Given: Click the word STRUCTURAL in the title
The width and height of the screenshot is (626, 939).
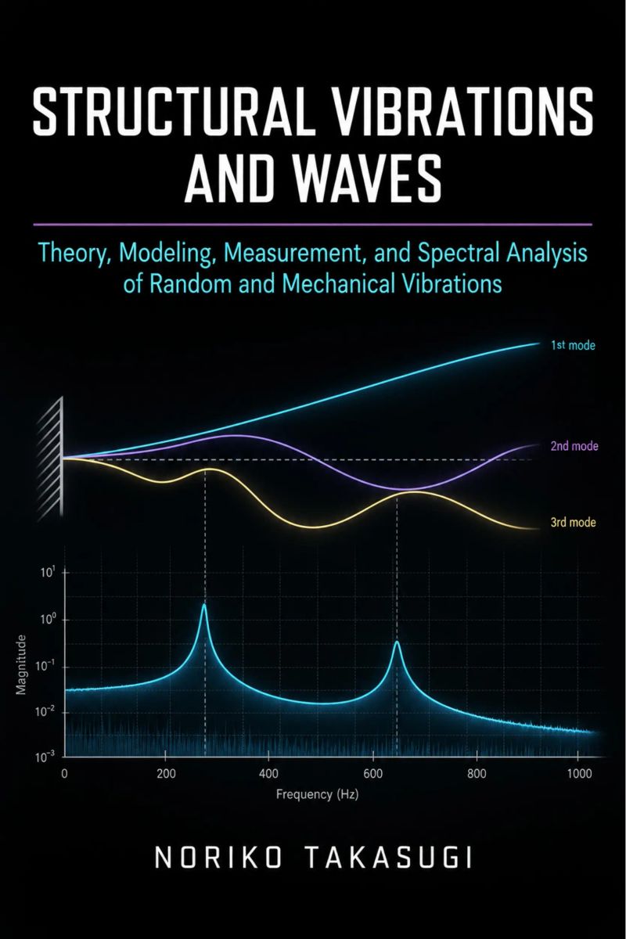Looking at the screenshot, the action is coord(174,113).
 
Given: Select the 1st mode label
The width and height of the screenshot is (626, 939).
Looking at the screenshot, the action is coord(573,345).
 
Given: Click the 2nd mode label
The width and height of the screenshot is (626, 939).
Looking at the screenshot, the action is coord(574,446).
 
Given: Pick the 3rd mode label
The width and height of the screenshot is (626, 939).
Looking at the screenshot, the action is coord(573,523).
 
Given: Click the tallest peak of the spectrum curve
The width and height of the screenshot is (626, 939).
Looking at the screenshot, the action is coord(204,604).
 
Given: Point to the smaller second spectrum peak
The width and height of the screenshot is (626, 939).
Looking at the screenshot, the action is coord(397,642).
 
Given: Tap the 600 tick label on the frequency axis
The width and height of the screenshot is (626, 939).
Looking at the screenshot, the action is coord(372,773).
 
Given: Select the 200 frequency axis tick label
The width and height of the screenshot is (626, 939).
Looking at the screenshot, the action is coord(166,773).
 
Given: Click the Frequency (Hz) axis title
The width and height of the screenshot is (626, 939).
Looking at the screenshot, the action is coord(318,795).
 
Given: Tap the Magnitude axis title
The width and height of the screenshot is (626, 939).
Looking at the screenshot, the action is coord(21,664).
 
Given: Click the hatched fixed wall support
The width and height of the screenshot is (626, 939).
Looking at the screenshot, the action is coord(50,459).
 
